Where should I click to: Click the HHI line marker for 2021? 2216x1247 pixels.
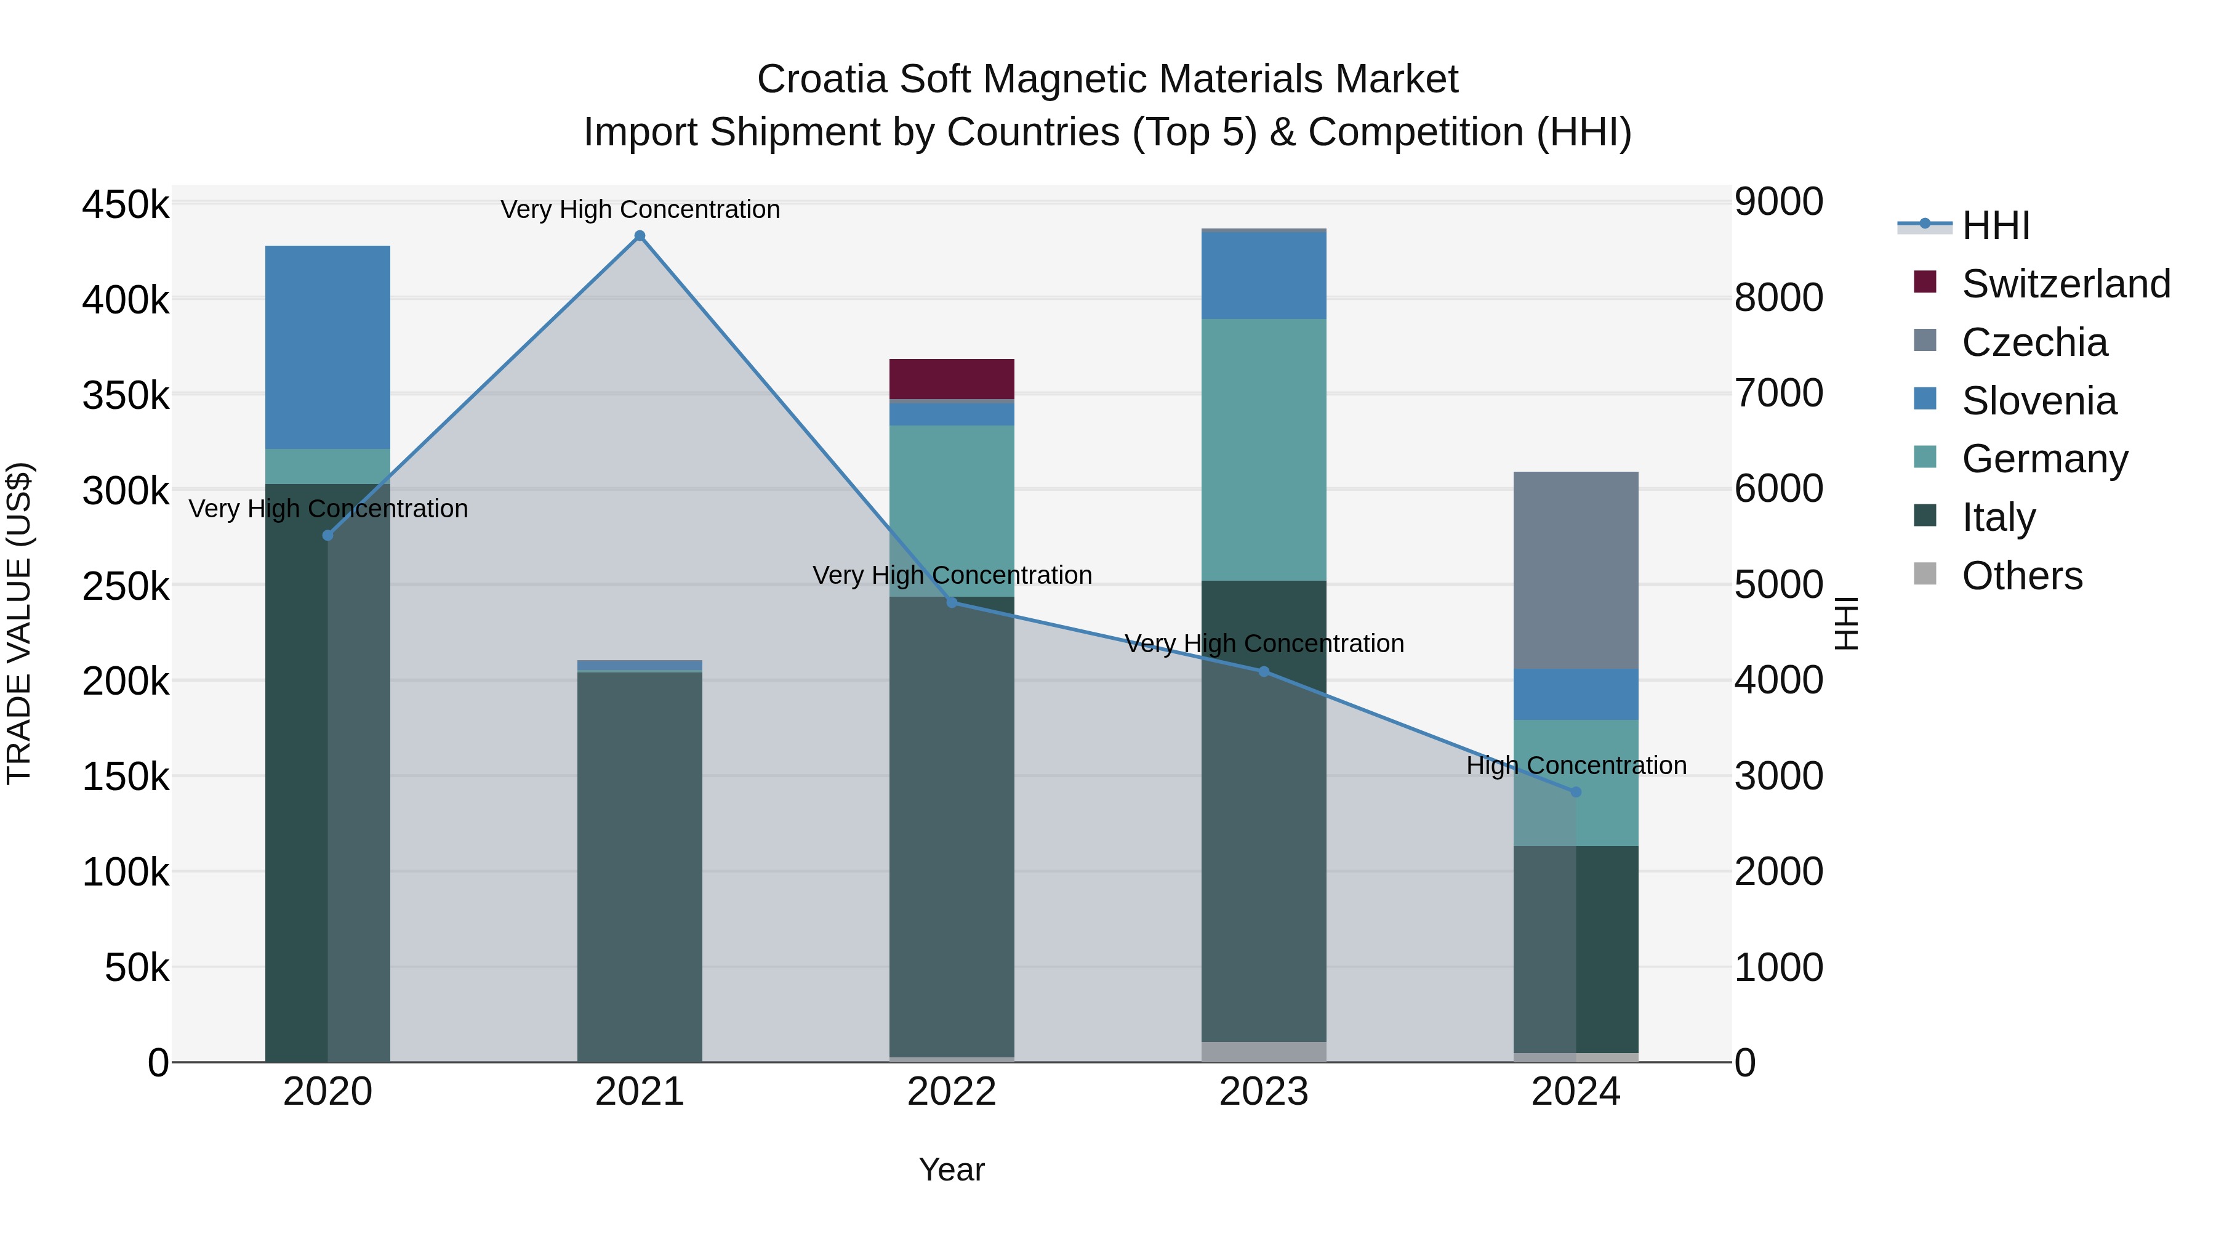click(639, 236)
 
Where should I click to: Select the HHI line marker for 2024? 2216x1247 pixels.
click(1576, 792)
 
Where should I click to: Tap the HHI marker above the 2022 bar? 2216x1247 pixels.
click(952, 602)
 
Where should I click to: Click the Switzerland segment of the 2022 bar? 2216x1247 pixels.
click(952, 379)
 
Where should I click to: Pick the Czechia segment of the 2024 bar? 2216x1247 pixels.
click(1576, 570)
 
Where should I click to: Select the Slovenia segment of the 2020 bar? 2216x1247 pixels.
click(327, 347)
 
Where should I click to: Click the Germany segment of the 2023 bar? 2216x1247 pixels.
click(1264, 450)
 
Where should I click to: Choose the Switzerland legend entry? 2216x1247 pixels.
click(2065, 284)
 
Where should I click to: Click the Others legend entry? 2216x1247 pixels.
click(2021, 576)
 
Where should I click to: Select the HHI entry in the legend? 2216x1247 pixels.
click(1996, 225)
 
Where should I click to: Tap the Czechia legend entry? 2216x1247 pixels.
click(2034, 342)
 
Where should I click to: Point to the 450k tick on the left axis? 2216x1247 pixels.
click(126, 206)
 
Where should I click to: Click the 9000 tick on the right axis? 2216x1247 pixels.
click(1777, 202)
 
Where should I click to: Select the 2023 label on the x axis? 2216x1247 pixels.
click(1264, 1092)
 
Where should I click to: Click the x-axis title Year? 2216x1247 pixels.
click(952, 1169)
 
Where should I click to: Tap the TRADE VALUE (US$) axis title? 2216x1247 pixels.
click(19, 623)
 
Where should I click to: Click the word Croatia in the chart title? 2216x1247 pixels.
click(822, 79)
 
